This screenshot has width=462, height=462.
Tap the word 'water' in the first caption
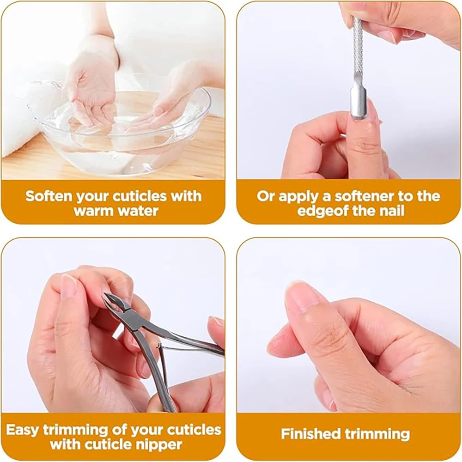(x=138, y=211)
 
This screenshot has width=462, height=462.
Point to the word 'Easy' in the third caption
(x=23, y=430)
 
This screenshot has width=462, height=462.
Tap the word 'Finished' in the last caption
(x=310, y=434)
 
